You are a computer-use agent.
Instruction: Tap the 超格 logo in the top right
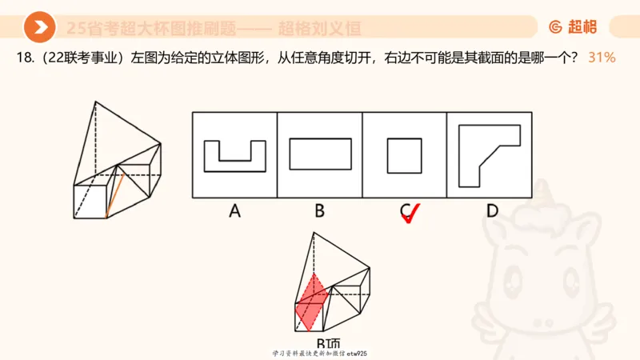[x=572, y=26]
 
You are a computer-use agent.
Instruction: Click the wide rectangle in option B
[x=319, y=154]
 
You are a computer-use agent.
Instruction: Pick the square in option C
[x=404, y=154]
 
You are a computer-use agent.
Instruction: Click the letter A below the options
[x=234, y=211]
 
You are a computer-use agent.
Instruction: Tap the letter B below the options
[x=319, y=211]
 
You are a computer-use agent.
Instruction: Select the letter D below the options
[x=491, y=211]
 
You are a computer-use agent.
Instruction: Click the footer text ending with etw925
[x=320, y=353]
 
